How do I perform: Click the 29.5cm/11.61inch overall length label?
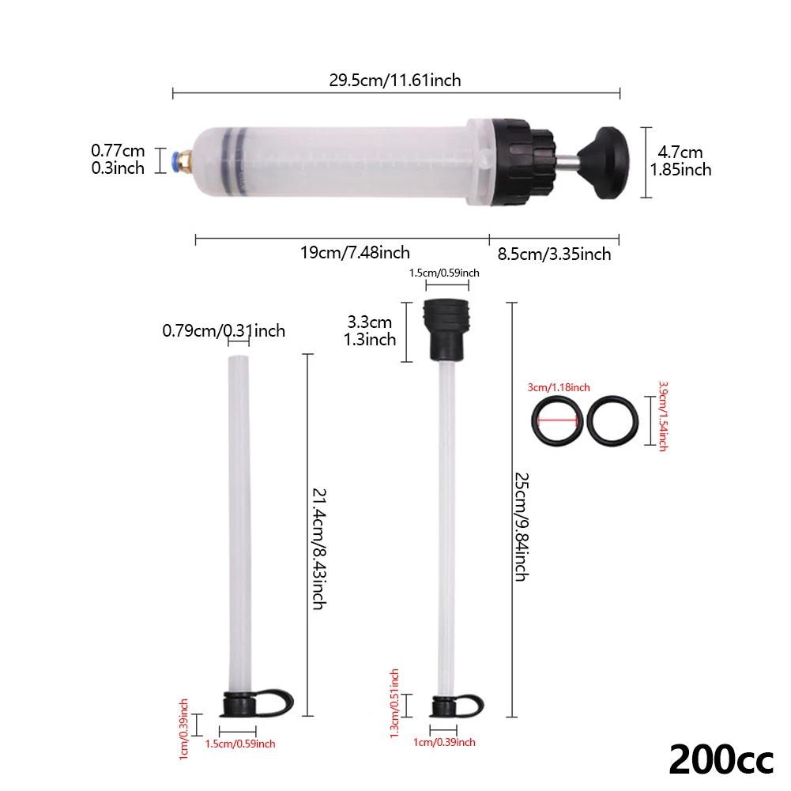pyautogui.click(x=395, y=80)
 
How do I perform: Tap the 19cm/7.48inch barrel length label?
pyautogui.click(x=355, y=253)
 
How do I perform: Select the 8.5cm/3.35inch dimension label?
pyautogui.click(x=553, y=254)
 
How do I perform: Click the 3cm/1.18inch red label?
pyautogui.click(x=559, y=386)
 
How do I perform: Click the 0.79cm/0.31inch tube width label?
pyautogui.click(x=224, y=330)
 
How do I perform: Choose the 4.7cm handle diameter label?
pyautogui.click(x=680, y=160)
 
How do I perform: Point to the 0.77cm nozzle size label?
pyautogui.click(x=118, y=158)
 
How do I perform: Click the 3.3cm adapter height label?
pyautogui.click(x=370, y=331)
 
